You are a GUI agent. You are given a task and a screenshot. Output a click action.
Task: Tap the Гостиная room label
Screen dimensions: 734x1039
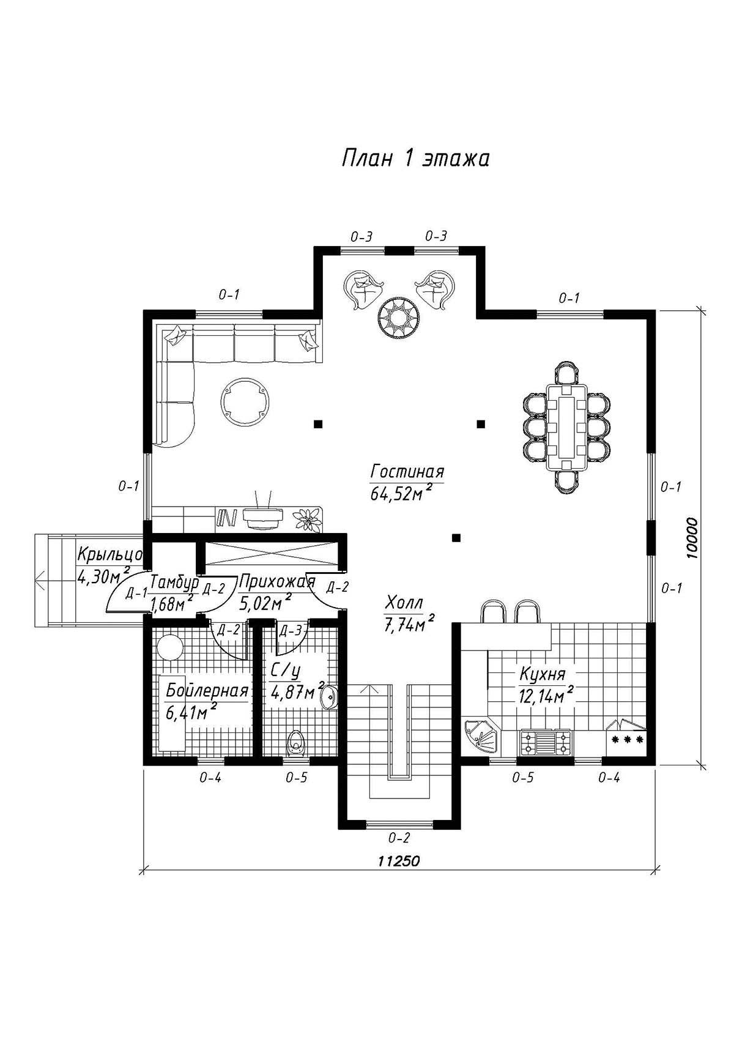tap(407, 472)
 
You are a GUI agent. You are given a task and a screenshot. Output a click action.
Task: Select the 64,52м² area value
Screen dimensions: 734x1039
tap(401, 494)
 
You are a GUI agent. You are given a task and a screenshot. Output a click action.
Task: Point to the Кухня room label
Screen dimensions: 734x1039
tap(542, 674)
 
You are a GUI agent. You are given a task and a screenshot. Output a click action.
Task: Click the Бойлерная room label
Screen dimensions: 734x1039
tap(206, 691)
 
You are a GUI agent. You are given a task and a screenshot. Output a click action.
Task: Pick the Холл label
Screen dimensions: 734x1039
tap(404, 603)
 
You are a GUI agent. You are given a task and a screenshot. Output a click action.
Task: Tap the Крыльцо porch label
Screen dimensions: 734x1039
tap(109, 554)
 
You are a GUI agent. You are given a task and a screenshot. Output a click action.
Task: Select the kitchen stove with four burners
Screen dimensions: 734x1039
tap(545, 741)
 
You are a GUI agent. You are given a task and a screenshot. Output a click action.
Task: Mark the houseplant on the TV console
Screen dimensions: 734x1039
tap(307, 518)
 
